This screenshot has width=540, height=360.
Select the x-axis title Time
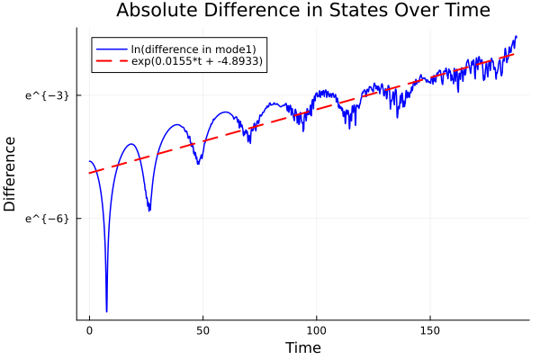(x=302, y=347)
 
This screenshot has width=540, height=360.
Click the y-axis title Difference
(x=11, y=174)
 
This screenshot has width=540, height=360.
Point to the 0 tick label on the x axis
(x=89, y=331)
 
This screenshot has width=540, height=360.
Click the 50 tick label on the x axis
(x=202, y=331)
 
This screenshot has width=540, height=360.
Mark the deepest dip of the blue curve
(x=106, y=311)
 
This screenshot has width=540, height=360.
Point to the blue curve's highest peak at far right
(x=517, y=37)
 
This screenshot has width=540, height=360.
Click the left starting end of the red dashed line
(x=90, y=173)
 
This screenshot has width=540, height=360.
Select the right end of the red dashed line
(x=515, y=54)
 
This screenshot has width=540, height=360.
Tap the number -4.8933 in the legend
(x=238, y=62)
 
